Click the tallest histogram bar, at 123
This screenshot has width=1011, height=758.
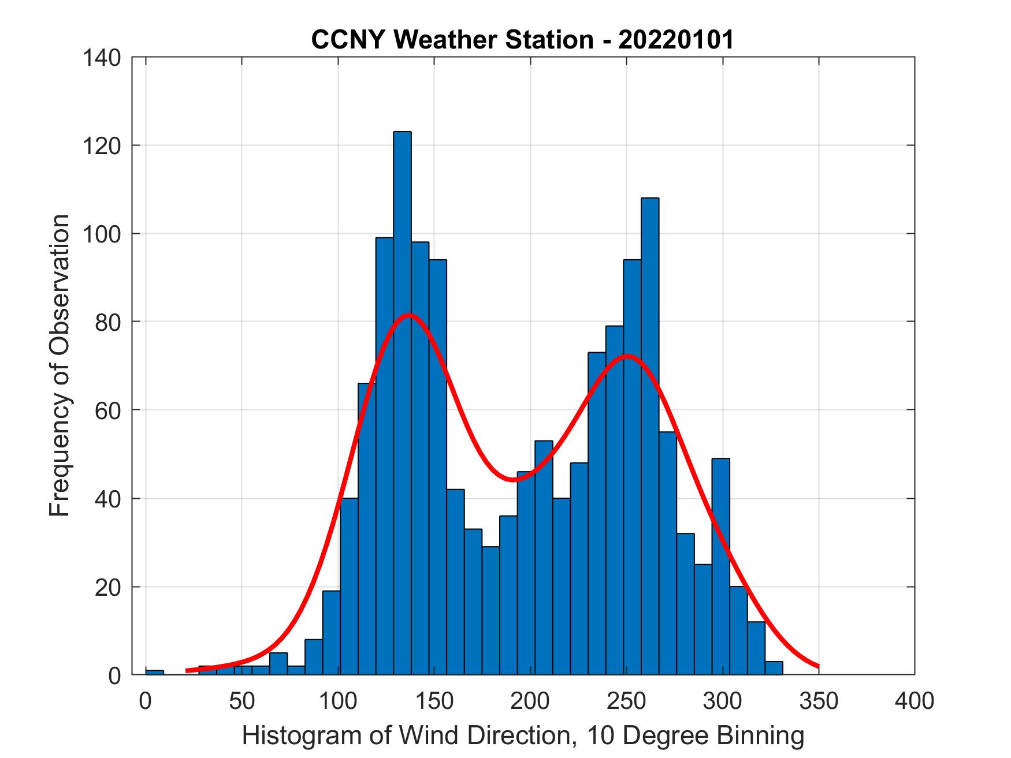402,404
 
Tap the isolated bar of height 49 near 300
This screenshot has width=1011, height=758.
720,566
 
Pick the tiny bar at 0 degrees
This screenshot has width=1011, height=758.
154,672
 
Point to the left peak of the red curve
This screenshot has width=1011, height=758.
409,315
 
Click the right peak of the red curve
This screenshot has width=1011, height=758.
627,356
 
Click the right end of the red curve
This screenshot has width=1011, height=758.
818,666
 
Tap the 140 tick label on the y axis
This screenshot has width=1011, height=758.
102,58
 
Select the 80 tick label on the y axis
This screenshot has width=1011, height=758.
109,322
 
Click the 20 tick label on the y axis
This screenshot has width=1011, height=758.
109,587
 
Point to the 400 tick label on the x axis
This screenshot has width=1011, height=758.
914,701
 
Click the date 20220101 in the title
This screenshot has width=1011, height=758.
676,40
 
